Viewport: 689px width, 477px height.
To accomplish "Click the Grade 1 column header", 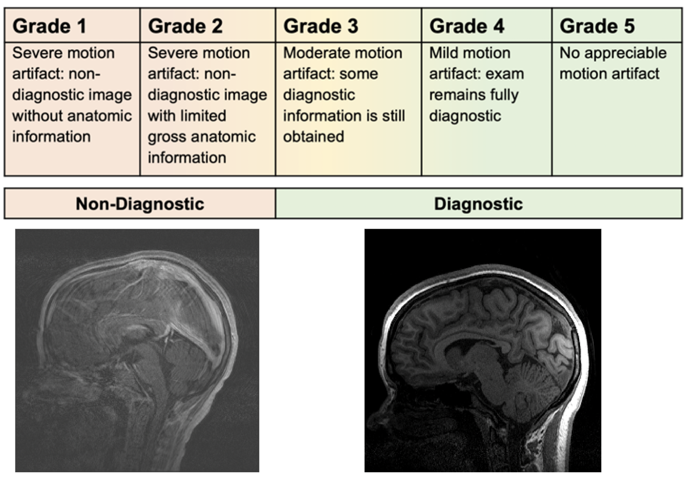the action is click(49, 26).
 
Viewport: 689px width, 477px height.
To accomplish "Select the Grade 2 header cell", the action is click(185, 26).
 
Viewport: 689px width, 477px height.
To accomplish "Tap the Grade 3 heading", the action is click(321, 26).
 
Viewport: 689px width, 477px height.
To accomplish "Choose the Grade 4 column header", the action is click(467, 26).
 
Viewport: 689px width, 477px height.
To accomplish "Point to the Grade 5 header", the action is click(597, 26).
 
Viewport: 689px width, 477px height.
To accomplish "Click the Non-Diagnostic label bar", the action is click(140, 204).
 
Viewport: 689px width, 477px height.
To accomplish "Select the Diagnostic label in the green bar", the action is click(479, 204).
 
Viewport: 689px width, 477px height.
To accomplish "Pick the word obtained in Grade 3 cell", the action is click(314, 137).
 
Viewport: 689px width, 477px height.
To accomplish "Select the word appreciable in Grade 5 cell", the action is click(625, 54).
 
